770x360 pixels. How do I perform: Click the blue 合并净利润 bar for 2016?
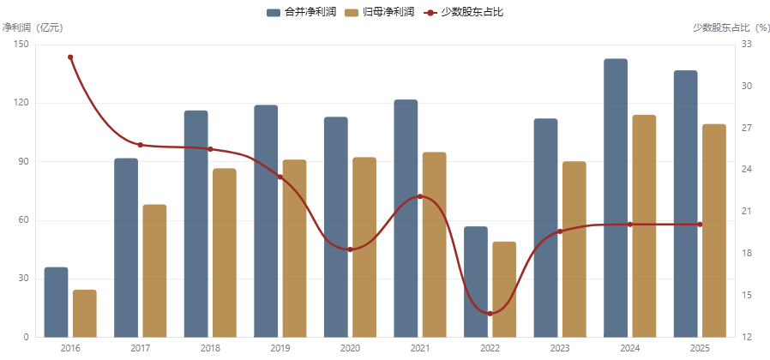pyautogui.click(x=56, y=302)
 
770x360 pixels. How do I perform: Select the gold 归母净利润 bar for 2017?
pyautogui.click(x=154, y=271)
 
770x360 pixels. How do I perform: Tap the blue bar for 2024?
pyautogui.click(x=616, y=198)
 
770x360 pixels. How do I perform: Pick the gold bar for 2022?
pyautogui.click(x=504, y=289)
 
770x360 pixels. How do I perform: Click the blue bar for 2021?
pyautogui.click(x=406, y=219)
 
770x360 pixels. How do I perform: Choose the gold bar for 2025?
pyautogui.click(x=714, y=231)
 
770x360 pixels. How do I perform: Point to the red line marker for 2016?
pyautogui.click(x=70, y=57)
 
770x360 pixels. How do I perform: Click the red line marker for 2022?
pyautogui.click(x=490, y=314)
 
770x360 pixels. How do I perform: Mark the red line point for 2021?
pyautogui.click(x=420, y=196)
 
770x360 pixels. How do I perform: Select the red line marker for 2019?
pyautogui.click(x=280, y=177)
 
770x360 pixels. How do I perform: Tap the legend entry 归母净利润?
pyautogui.click(x=380, y=12)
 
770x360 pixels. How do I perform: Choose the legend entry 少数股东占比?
pyautogui.click(x=463, y=12)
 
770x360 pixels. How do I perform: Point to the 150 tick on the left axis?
pyautogui.click(x=22, y=45)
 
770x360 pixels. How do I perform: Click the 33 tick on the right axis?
pyautogui.click(x=747, y=45)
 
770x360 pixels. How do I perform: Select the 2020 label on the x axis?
pyautogui.click(x=350, y=349)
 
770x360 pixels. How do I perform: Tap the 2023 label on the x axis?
pyautogui.click(x=560, y=349)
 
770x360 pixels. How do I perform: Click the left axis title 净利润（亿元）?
pyautogui.click(x=33, y=28)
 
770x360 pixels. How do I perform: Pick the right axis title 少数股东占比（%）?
pyautogui.click(x=731, y=28)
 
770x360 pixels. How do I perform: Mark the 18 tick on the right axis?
pyautogui.click(x=747, y=254)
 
